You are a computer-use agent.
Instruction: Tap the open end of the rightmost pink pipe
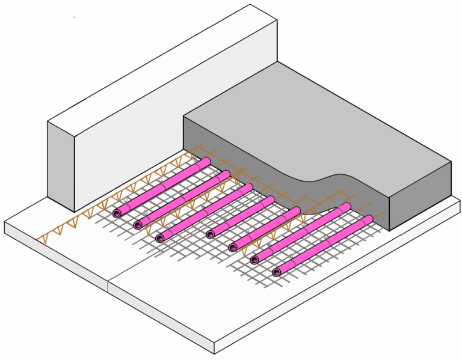click(277, 272)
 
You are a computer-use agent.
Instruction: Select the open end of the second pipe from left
click(139, 225)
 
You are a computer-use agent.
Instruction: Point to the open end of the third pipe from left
click(160, 238)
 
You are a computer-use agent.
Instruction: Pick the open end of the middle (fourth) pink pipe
click(210, 234)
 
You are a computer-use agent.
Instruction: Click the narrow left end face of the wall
click(61, 162)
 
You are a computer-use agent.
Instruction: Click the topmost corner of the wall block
click(249, 5)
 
